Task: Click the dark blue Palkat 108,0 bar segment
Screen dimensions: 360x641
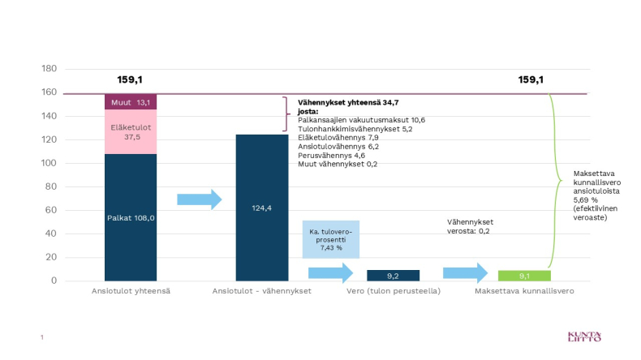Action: (131, 216)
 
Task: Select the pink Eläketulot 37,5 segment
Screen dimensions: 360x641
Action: (131, 131)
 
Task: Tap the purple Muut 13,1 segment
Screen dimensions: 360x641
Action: (131, 102)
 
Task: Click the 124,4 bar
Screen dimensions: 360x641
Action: (261, 208)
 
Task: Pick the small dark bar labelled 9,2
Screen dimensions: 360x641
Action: (393, 275)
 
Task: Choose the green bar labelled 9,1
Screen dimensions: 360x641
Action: (523, 275)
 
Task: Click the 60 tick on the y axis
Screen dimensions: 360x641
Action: (52, 210)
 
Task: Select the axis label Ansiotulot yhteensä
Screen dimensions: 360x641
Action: (131, 291)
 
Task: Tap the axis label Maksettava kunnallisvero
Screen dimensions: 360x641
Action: (523, 291)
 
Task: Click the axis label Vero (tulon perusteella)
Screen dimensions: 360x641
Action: (393, 291)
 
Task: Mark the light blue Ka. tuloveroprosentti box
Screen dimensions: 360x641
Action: (331, 239)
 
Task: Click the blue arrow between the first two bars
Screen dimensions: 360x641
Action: (199, 199)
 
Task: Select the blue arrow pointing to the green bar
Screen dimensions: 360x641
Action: (465, 273)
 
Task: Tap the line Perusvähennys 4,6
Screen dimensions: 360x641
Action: (330, 155)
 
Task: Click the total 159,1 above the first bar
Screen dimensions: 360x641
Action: (130, 80)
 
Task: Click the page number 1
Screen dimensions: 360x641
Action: (41, 336)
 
